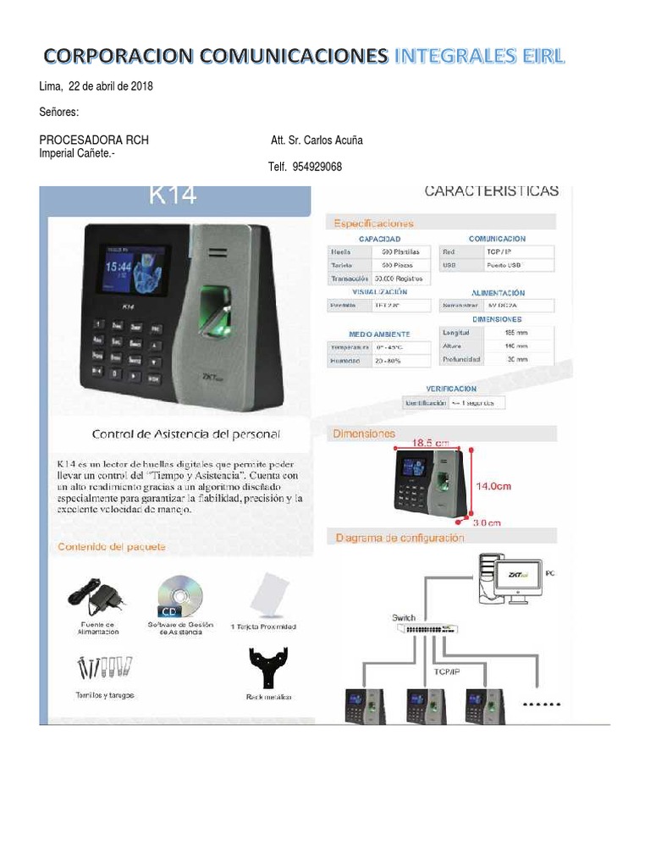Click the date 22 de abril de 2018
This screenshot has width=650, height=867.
click(x=110, y=86)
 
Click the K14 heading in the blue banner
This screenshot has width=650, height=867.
click(x=173, y=196)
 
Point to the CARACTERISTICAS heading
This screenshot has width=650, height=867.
click(x=491, y=191)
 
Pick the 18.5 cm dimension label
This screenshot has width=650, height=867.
click(x=431, y=442)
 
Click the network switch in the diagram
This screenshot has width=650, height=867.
click(x=431, y=630)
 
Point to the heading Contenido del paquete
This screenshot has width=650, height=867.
click(x=112, y=547)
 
